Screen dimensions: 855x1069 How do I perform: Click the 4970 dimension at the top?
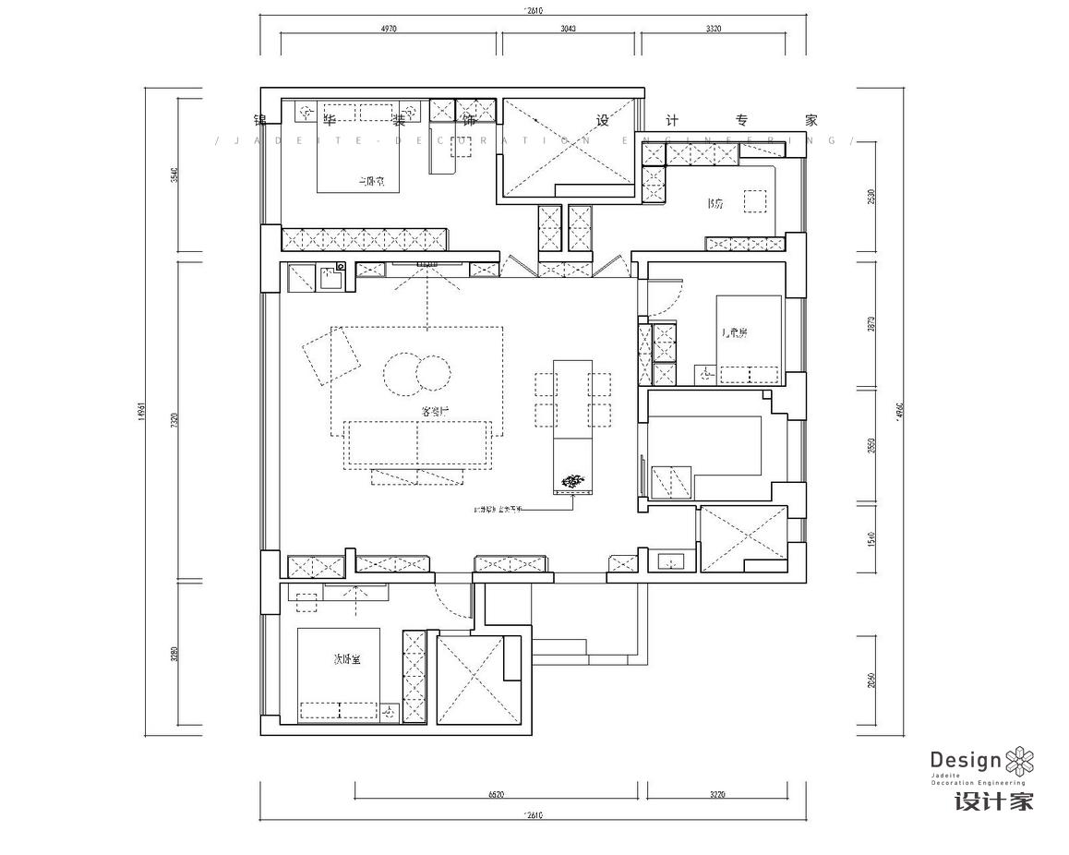pos(388,30)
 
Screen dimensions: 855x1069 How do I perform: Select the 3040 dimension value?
pos(569,30)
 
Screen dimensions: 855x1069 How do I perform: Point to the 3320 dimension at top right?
pos(714,30)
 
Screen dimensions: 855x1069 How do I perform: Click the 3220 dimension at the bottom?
pos(723,794)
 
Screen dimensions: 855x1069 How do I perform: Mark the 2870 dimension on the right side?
pos(871,324)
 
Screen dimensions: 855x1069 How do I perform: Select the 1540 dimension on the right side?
pos(871,537)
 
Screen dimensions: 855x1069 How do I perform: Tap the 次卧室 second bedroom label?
pos(346,658)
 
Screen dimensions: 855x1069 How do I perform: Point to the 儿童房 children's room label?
pos(735,332)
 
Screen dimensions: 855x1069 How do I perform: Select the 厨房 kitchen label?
pos(714,203)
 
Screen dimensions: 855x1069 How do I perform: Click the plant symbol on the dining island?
pos(573,480)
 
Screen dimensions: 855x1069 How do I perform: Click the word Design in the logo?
pos(965,760)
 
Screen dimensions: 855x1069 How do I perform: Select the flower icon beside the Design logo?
pos(1019,761)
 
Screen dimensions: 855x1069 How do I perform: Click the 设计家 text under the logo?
pos(993,801)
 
